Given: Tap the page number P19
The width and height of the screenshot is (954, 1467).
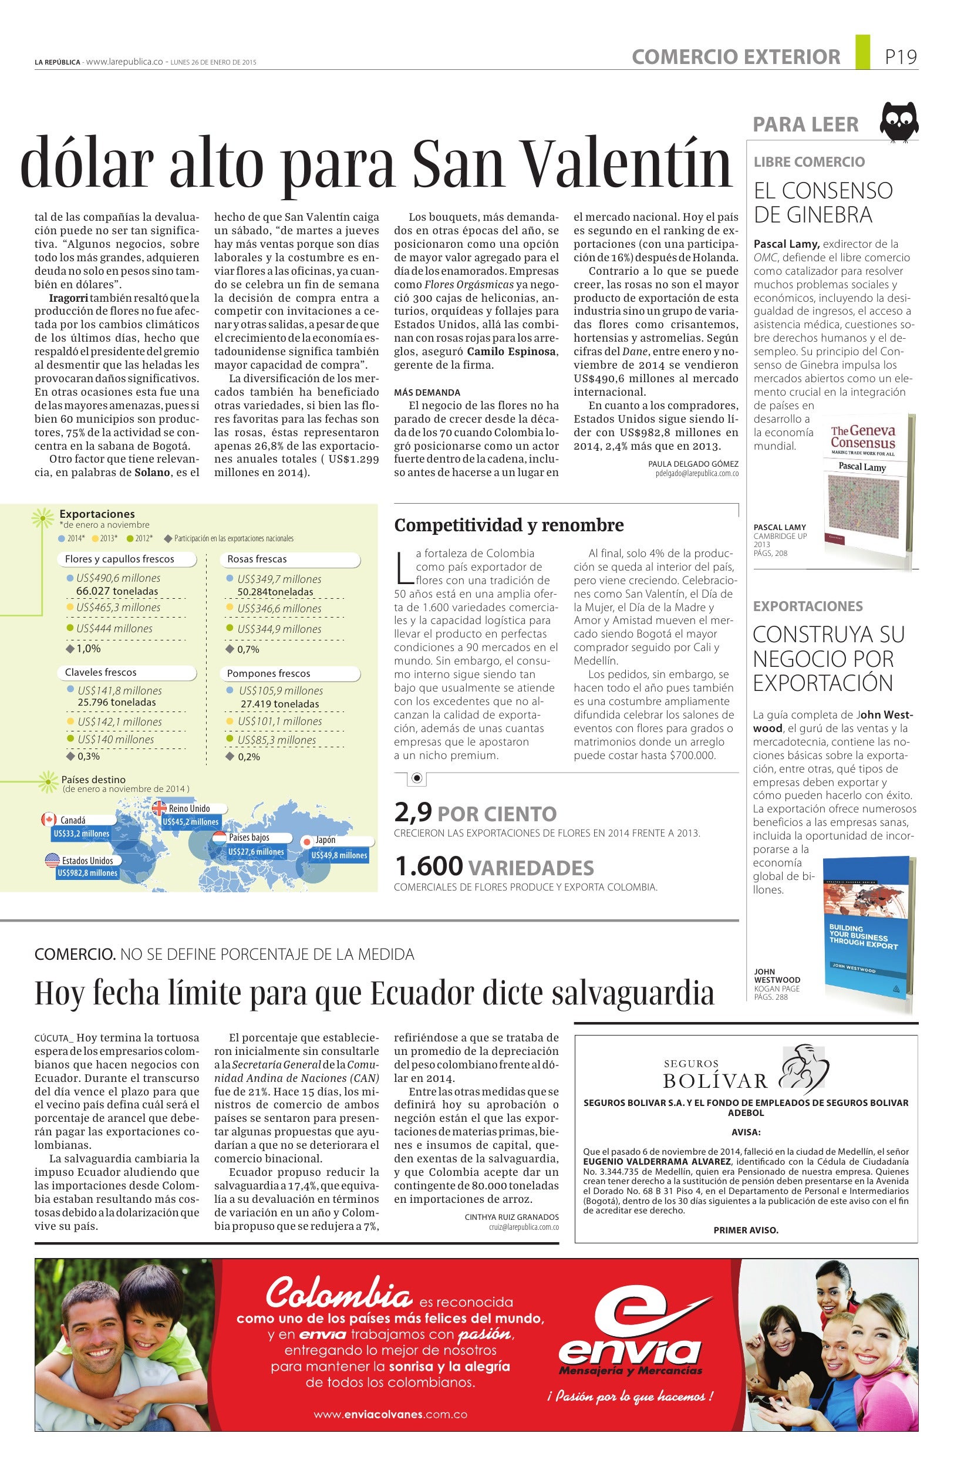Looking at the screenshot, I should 901,58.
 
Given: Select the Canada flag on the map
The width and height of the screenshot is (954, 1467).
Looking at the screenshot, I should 48,819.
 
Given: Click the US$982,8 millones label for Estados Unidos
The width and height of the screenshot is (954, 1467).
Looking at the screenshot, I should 87,872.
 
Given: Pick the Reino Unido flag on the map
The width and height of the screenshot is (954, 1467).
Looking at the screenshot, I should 160,808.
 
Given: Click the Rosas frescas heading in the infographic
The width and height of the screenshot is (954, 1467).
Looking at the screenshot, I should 257,559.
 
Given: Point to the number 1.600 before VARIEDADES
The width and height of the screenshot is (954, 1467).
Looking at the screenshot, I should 429,866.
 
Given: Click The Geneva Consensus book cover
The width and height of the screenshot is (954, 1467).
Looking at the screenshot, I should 862,484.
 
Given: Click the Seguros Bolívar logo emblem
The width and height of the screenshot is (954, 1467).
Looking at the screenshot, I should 803,1070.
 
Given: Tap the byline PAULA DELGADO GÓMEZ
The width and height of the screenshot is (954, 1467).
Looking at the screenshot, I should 693,464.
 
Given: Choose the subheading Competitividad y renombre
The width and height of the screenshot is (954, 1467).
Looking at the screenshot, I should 508,525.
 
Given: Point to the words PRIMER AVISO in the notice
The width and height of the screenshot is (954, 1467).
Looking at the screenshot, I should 746,1230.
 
